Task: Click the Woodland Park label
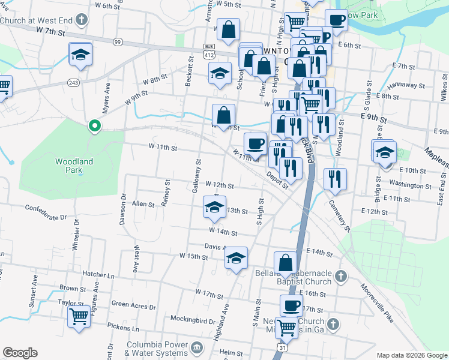[x=74, y=166]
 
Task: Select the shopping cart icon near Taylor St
[x=79, y=317]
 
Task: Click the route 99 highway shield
[x=118, y=41]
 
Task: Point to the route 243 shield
[x=74, y=82]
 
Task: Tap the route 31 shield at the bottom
[x=282, y=347]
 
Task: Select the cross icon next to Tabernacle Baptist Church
[x=340, y=277]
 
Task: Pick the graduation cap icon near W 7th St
[x=80, y=55]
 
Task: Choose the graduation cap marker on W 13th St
[x=214, y=208]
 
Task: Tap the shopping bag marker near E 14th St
[x=285, y=263]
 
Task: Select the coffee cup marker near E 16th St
[x=292, y=305]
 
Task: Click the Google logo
[x=20, y=353]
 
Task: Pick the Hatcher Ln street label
[x=98, y=274]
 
